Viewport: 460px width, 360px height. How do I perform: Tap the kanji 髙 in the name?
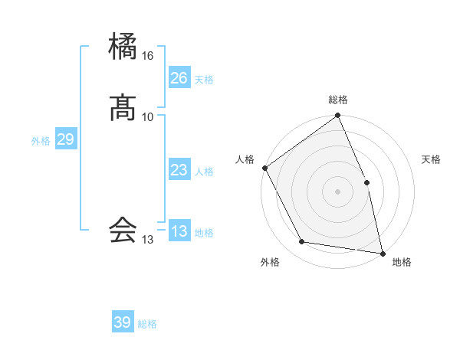click(123, 108)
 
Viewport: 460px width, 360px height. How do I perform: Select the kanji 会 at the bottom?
click(123, 230)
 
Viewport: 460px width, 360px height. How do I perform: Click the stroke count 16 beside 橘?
click(148, 56)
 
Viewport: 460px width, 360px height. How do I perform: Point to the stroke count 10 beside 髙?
click(148, 116)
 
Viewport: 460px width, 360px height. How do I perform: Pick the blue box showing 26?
click(179, 78)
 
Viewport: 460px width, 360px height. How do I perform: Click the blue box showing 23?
click(179, 170)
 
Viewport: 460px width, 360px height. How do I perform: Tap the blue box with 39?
click(123, 322)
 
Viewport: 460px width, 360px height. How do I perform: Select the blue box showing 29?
click(65, 139)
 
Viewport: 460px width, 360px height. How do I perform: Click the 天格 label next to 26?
click(204, 80)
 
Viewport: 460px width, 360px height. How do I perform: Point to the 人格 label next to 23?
click(204, 172)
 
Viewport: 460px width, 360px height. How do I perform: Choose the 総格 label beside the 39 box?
click(147, 324)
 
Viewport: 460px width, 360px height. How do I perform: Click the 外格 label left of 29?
click(41, 141)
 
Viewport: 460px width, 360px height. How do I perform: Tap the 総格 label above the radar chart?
click(338, 100)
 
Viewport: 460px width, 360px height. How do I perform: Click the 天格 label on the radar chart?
click(432, 159)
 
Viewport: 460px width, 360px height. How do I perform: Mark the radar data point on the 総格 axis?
click(338, 116)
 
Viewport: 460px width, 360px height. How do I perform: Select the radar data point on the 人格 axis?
click(265, 168)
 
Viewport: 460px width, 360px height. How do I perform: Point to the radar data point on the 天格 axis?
click(366, 182)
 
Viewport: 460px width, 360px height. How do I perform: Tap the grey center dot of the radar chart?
click(338, 191)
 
